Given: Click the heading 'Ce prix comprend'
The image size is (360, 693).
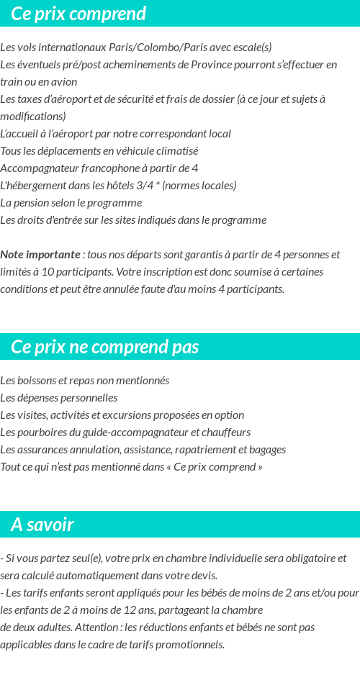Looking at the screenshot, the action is click(78, 14).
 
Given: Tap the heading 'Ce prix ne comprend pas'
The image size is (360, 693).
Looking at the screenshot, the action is click(104, 347).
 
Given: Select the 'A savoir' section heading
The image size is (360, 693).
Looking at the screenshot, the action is click(42, 525).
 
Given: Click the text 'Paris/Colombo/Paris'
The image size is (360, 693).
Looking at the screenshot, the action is click(145, 47).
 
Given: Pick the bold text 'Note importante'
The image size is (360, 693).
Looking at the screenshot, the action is click(40, 255).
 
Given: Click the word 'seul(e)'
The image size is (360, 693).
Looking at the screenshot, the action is click(84, 558).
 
